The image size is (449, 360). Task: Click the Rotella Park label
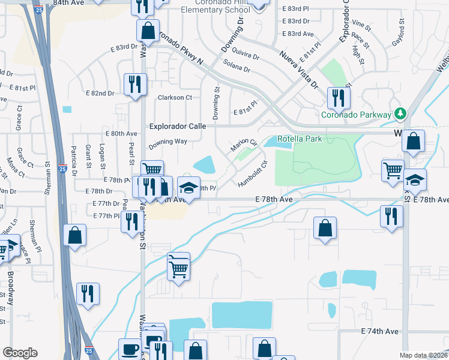300,139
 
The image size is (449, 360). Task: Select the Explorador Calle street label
177,127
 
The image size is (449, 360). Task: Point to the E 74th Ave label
380,331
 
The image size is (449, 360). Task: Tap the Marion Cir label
244,145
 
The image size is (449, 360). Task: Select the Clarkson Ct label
175,97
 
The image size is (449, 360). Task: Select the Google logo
20,353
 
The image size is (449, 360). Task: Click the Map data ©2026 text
423,355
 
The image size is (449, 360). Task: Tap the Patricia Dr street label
74,155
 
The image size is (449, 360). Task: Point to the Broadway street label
11,288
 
